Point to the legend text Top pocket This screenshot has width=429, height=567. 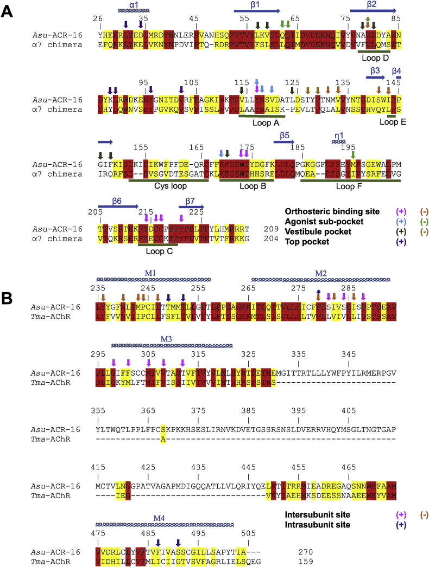(307, 242)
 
